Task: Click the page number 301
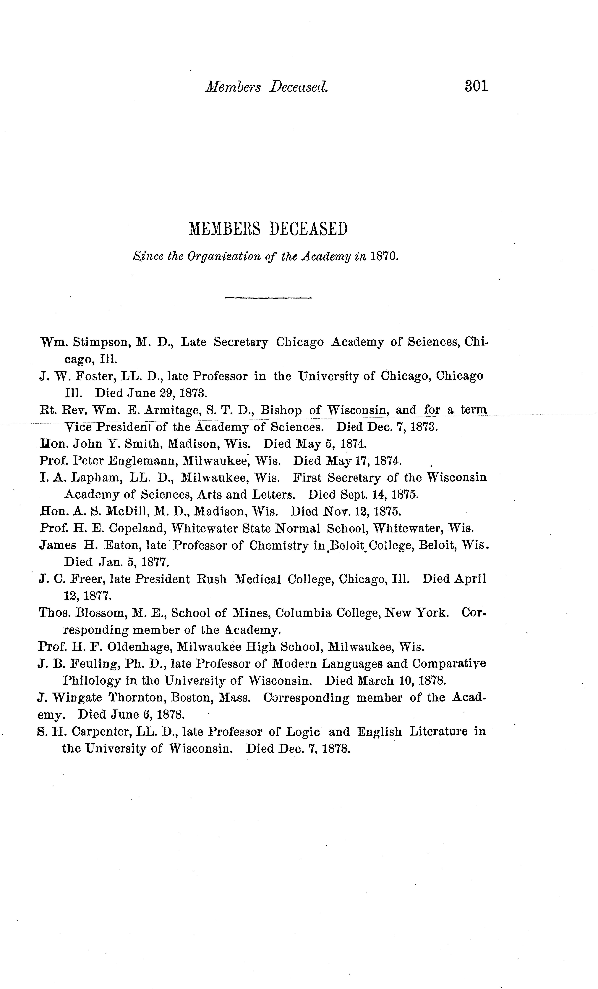tap(476, 86)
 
